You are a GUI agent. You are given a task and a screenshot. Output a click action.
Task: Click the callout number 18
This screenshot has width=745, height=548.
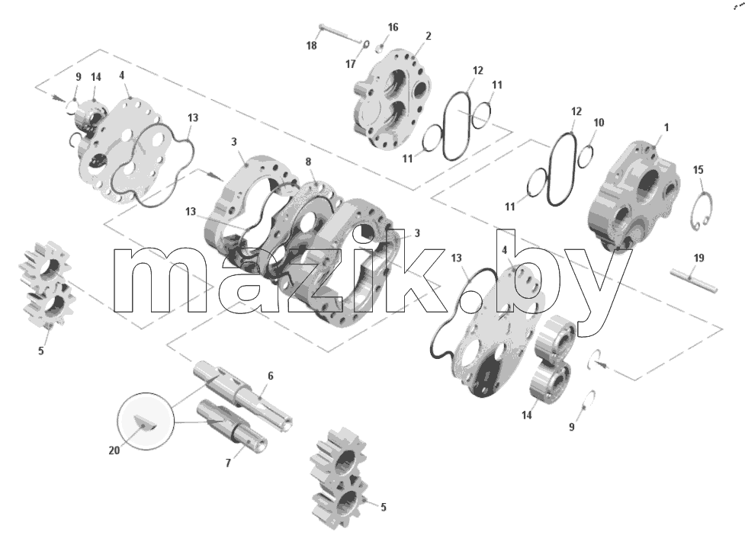click(311, 46)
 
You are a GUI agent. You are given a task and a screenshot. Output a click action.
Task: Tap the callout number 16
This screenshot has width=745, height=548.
click(393, 27)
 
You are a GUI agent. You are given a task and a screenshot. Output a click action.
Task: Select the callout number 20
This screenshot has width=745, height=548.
click(114, 450)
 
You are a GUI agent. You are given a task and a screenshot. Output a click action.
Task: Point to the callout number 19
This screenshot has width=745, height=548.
click(698, 258)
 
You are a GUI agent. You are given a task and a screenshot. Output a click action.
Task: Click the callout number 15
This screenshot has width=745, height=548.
click(698, 169)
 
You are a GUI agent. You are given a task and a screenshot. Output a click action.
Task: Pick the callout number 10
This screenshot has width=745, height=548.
click(599, 123)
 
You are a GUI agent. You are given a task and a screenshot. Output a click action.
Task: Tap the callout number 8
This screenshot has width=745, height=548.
click(308, 162)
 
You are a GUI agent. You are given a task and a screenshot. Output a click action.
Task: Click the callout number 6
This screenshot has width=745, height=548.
click(271, 376)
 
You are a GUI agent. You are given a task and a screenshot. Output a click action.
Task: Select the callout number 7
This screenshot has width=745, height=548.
click(228, 463)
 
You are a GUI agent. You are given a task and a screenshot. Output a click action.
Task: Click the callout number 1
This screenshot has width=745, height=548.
click(666, 127)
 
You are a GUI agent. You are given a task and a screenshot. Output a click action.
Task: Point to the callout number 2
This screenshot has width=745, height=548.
click(428, 36)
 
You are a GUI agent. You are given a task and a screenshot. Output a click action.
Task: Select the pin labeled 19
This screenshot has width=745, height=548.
click(694, 280)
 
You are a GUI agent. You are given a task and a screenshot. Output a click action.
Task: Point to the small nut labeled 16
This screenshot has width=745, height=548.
click(381, 48)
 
